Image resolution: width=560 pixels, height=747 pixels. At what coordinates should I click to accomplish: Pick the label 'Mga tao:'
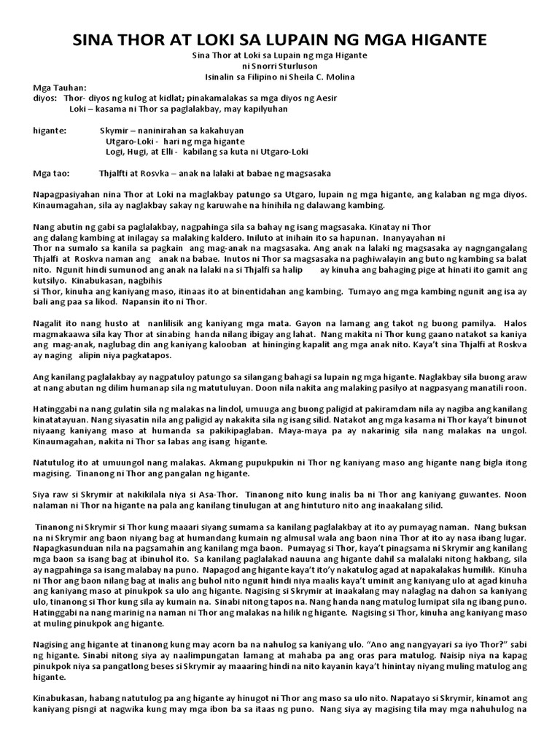(x=52, y=173)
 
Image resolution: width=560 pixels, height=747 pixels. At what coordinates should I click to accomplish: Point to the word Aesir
(x=325, y=97)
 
